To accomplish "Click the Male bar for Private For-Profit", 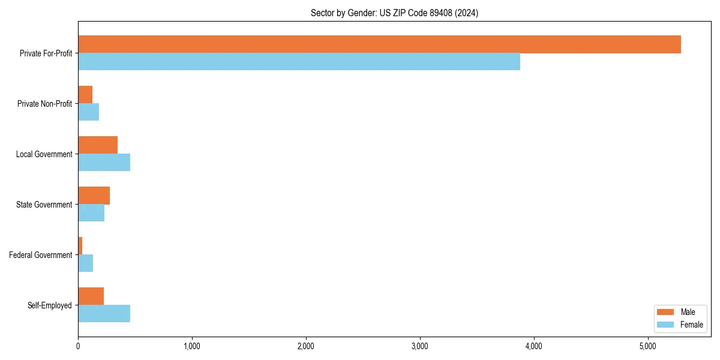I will pyautogui.click(x=379, y=44).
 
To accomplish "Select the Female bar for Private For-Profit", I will pyautogui.click(x=299, y=62).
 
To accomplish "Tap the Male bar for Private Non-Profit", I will pyautogui.click(x=85, y=95).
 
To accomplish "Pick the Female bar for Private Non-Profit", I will pyautogui.click(x=88, y=112).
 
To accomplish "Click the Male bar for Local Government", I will pyautogui.click(x=98, y=145).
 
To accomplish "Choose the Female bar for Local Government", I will pyautogui.click(x=104, y=163).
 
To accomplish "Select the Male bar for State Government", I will pyautogui.click(x=94, y=196).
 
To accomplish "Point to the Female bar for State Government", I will pyautogui.click(x=91, y=213).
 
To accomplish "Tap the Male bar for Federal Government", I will pyautogui.click(x=80, y=246).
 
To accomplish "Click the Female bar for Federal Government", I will pyautogui.click(x=85, y=263).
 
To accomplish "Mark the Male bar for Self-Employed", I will pyautogui.click(x=91, y=296).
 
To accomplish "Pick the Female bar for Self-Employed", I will pyautogui.click(x=104, y=314).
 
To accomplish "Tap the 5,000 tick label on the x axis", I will pyautogui.click(x=648, y=346).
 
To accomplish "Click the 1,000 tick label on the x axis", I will pyautogui.click(x=192, y=346).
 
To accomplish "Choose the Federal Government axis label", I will pyautogui.click(x=41, y=255).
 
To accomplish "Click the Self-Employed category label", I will pyautogui.click(x=50, y=305).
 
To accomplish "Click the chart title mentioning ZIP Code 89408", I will pyautogui.click(x=394, y=13).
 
